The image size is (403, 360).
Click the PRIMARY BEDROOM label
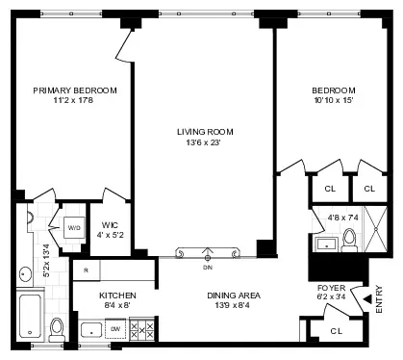tap(74, 90)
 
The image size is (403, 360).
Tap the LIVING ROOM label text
tap(205, 132)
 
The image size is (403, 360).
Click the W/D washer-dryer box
tap(74, 228)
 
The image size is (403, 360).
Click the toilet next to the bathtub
tap(57, 327)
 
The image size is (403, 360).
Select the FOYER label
tap(331, 288)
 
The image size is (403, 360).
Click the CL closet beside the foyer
tap(335, 330)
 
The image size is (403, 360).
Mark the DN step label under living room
tap(207, 267)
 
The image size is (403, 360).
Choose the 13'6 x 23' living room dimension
tap(205, 143)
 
